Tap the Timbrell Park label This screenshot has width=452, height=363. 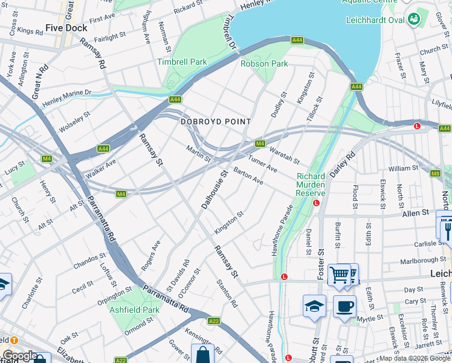tap(182, 62)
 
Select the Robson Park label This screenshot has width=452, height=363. tap(264, 63)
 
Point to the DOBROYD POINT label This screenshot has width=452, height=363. tap(216, 122)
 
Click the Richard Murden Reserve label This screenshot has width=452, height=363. tap(311, 185)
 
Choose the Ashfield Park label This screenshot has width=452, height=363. tap(135, 310)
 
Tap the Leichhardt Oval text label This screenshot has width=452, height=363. tap(375, 19)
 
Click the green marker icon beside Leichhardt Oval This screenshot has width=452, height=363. tap(415, 19)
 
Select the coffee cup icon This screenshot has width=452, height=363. tap(344, 306)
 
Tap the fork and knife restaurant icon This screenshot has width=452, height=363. tap(447, 229)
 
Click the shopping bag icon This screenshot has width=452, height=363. tap(202, 354)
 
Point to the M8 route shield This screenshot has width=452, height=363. tap(436, 174)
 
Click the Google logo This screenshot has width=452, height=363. tap(19, 356)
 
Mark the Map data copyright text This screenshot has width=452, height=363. tap(414, 358)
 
